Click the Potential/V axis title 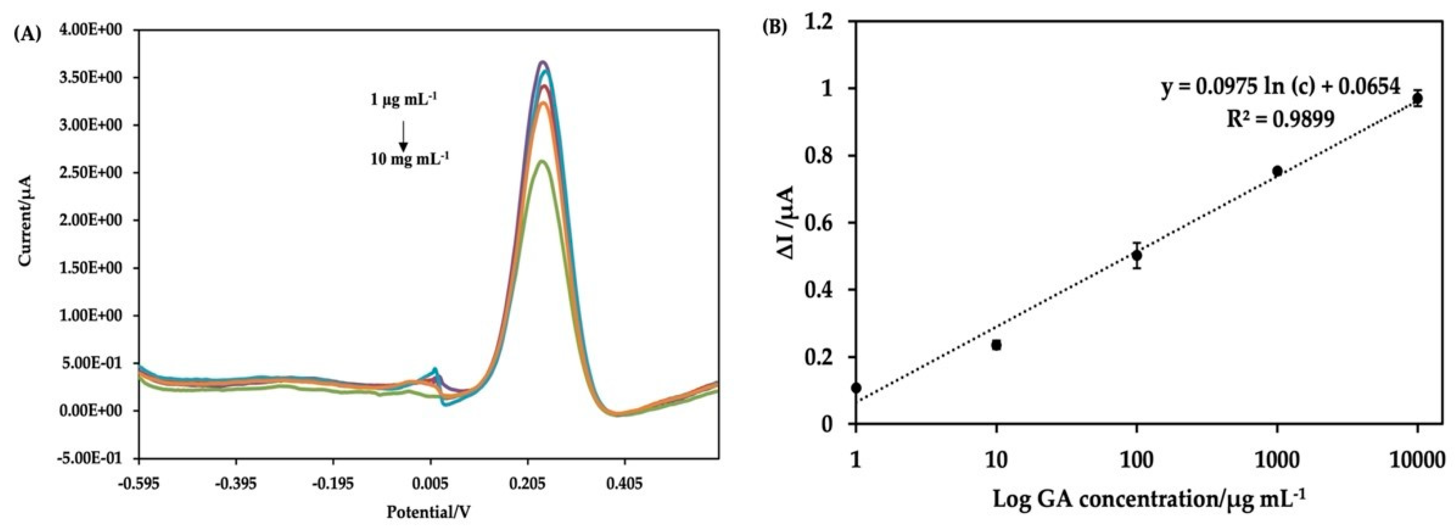(x=428, y=512)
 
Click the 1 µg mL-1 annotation (x=404, y=100)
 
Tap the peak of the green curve (x=542, y=162)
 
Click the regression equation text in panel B (x=1280, y=87)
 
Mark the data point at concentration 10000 (x=1417, y=98)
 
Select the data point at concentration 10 (x=996, y=344)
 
